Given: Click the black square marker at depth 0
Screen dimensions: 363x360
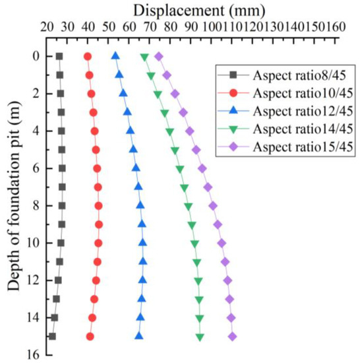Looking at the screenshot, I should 59,56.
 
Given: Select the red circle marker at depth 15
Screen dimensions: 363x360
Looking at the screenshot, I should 90,337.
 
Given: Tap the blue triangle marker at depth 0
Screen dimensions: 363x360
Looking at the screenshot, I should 115,56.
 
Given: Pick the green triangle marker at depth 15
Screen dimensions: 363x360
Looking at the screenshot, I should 200,337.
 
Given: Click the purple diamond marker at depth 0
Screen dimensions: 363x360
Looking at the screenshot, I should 159,56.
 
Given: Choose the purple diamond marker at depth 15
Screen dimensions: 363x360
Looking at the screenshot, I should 232,337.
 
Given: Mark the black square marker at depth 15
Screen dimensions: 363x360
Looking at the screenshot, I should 52,337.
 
